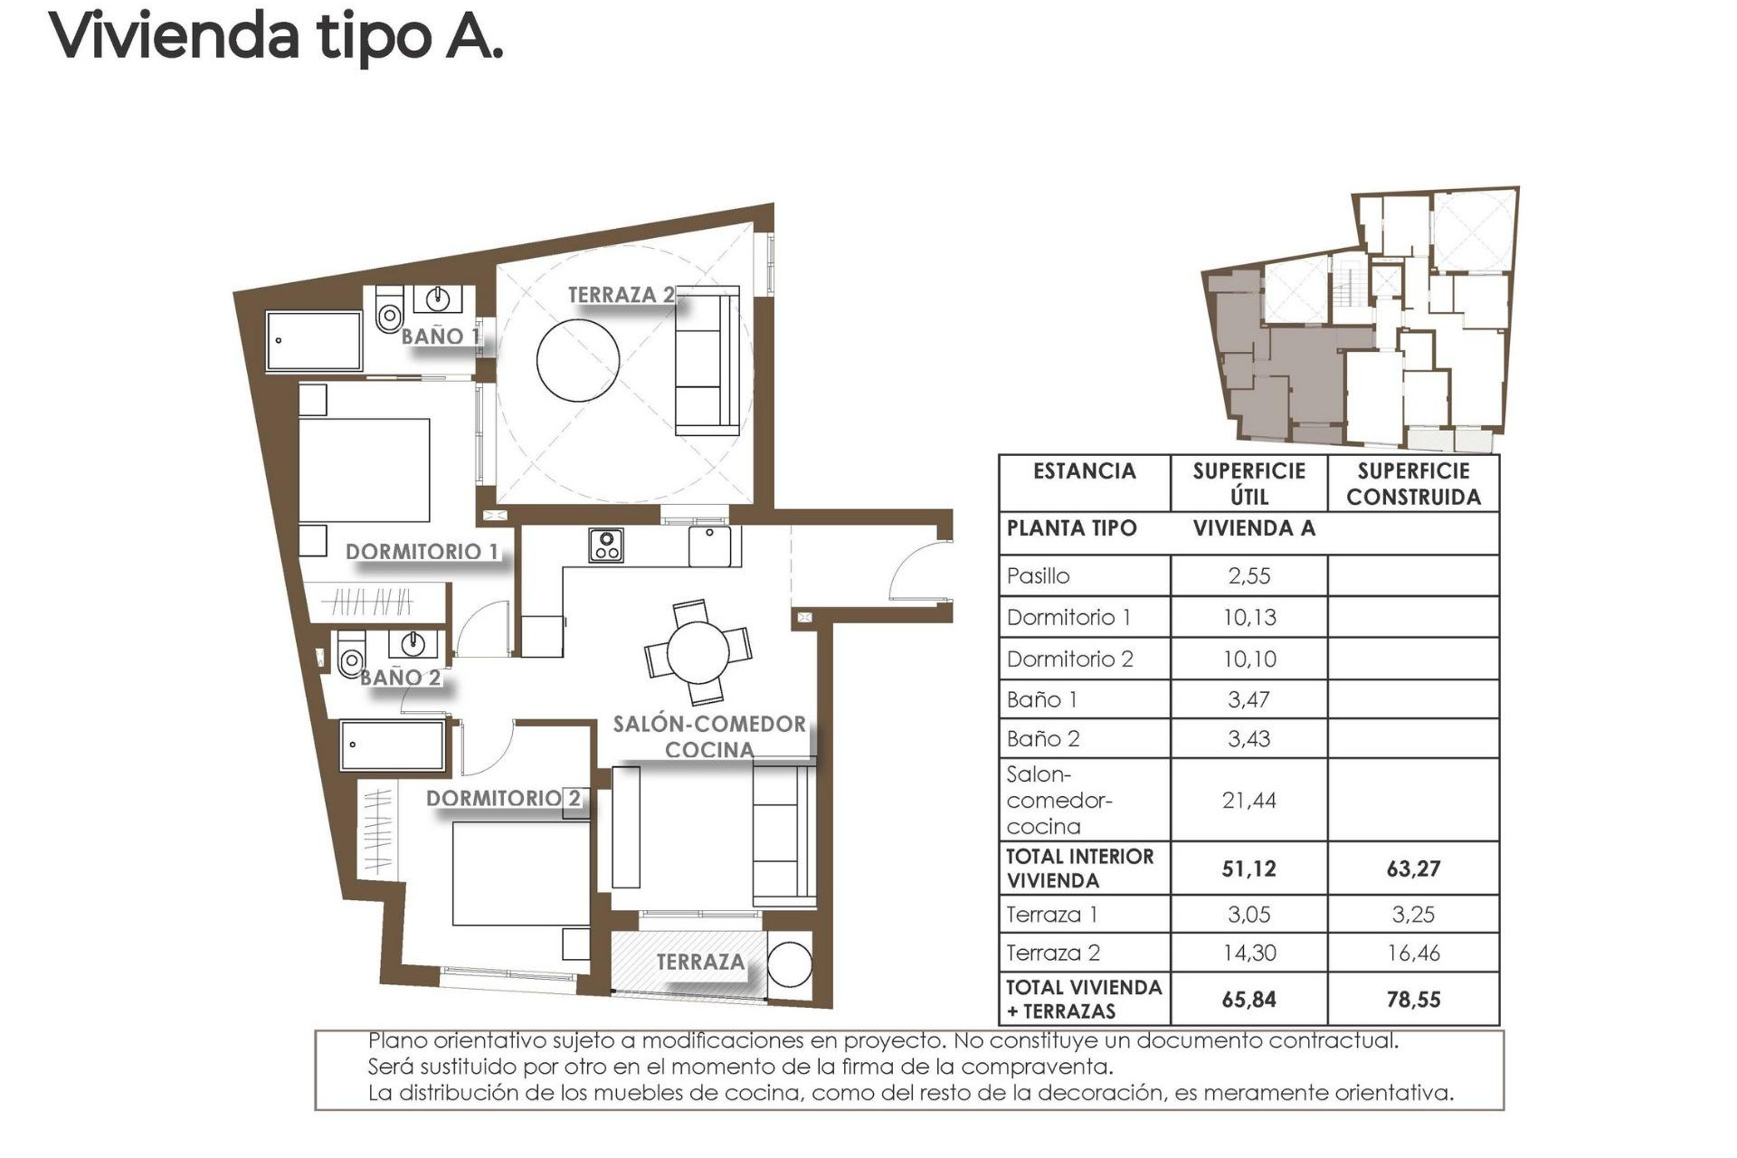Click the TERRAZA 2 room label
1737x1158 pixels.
click(621, 295)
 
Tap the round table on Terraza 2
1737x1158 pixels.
click(578, 360)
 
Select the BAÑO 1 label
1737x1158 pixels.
click(440, 337)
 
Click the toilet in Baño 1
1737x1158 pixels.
click(389, 312)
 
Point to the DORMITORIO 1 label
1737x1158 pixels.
click(422, 552)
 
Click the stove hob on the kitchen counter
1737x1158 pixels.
click(605, 546)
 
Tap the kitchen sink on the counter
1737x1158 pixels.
click(710, 546)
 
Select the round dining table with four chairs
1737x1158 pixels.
click(698, 652)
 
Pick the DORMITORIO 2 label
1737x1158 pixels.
click(503, 799)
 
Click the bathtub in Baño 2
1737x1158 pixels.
click(393, 745)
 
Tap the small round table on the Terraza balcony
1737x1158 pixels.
click(790, 965)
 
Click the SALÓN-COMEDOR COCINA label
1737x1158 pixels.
click(709, 736)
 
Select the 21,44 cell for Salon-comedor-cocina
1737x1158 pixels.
click(1248, 800)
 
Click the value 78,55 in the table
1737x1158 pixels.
click(1413, 1000)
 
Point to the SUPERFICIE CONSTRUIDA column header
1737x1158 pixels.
click(1413, 484)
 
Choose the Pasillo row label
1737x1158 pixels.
click(1039, 576)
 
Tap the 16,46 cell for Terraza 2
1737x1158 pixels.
click(1413, 953)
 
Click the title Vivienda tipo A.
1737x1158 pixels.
click(276, 36)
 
